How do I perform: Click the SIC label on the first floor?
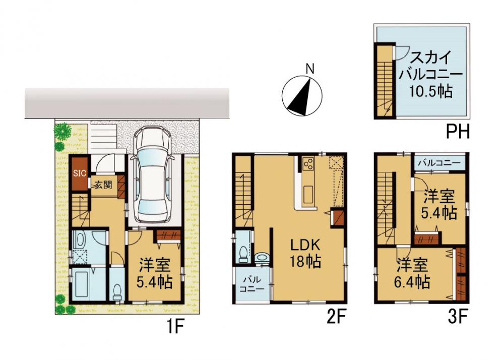(80, 173)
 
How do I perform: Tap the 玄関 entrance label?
(103, 185)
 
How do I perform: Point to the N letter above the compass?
(310, 69)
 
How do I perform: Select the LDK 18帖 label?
(305, 254)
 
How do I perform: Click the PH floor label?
(458, 132)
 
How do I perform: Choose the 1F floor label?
(175, 326)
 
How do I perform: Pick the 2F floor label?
(336, 318)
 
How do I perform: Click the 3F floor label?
(458, 318)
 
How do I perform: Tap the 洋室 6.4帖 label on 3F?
(412, 274)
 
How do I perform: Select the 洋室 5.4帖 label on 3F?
(439, 205)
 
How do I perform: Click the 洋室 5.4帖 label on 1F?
(154, 274)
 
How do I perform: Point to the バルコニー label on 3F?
(439, 163)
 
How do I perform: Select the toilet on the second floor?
(243, 254)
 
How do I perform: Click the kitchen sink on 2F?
(308, 194)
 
